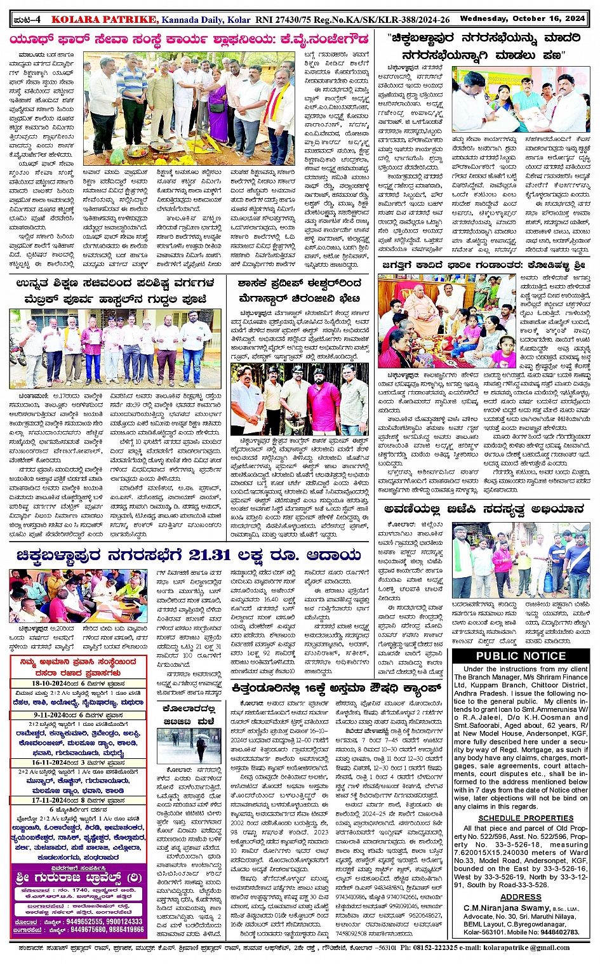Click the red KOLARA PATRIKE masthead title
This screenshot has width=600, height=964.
tap(103, 20)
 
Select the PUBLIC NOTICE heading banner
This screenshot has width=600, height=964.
tap(521, 656)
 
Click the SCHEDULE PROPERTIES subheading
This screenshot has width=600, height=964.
tap(526, 818)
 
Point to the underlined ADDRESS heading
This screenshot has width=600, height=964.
tap(521, 897)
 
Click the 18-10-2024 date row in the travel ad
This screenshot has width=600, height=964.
tap(78, 684)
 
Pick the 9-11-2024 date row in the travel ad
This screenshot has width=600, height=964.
tap(78, 715)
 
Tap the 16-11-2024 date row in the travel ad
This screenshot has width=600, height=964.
tap(78, 763)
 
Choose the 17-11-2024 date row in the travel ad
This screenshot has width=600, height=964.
tap(78, 801)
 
